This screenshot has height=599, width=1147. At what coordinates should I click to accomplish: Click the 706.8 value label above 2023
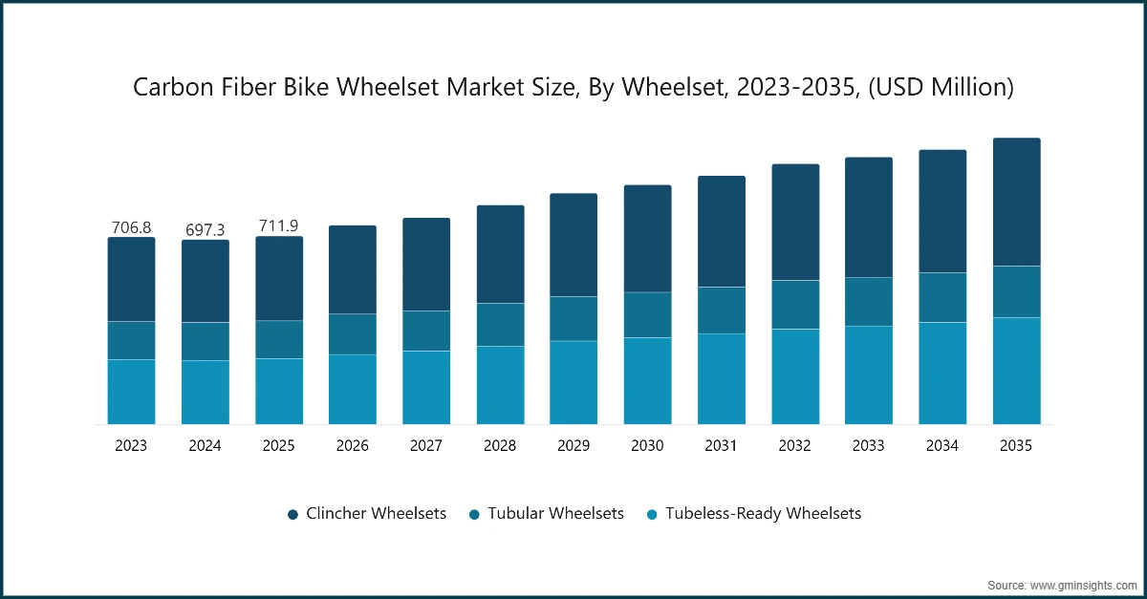[x=131, y=227]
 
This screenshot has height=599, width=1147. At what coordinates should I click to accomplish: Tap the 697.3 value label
[x=205, y=230]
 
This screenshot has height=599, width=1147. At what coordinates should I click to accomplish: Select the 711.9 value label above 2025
[x=278, y=225]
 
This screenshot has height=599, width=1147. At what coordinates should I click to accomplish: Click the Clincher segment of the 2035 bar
[x=1016, y=202]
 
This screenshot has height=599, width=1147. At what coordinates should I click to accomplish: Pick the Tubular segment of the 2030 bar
[x=647, y=315]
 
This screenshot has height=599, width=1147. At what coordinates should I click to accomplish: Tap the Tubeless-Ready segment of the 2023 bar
[x=131, y=392]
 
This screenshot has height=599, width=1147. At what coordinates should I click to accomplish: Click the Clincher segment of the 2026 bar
[x=353, y=269]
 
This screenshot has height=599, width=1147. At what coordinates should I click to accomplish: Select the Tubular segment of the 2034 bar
[x=942, y=297]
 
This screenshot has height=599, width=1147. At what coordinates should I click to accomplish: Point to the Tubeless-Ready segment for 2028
[x=500, y=385]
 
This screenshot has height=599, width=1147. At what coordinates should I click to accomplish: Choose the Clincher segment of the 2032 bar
[x=795, y=223]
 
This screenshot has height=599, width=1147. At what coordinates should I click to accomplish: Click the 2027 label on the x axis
[x=426, y=446]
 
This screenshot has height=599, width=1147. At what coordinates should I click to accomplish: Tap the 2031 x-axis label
[x=721, y=446]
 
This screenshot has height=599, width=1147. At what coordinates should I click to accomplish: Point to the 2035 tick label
[x=1016, y=446]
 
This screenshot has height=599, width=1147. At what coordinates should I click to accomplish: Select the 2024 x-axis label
[x=205, y=446]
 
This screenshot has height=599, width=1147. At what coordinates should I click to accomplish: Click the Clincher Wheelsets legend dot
[x=292, y=515]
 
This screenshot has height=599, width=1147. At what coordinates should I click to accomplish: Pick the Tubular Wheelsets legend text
[x=555, y=513]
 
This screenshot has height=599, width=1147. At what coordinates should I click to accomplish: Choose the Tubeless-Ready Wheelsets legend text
[x=763, y=514]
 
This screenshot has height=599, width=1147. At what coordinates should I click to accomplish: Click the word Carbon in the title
[x=174, y=87]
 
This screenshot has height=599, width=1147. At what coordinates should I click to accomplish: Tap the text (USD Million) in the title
[x=941, y=87]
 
